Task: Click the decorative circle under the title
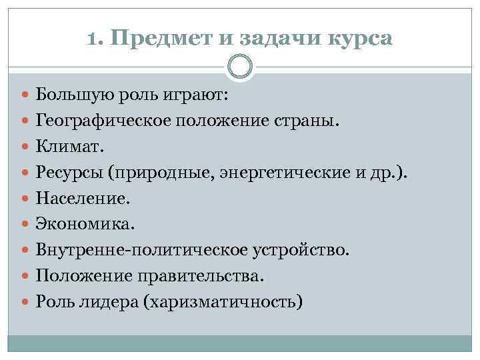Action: (x=240, y=66)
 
